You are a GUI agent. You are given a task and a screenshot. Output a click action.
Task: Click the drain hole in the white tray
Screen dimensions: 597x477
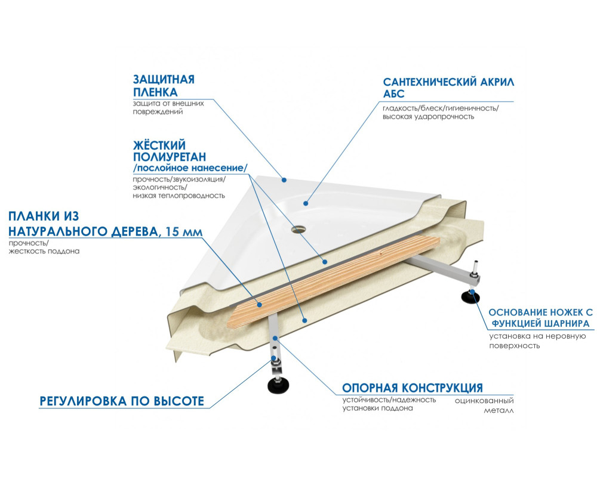[x=297, y=229]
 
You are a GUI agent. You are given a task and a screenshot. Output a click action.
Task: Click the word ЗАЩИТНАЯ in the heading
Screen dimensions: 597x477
[x=164, y=79]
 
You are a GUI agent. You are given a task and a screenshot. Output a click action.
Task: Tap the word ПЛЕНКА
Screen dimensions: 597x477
[x=155, y=92]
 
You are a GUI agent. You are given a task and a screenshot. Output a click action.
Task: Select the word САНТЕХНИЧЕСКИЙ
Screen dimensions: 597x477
[x=430, y=82]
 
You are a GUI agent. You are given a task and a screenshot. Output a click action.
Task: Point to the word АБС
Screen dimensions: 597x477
[x=393, y=94]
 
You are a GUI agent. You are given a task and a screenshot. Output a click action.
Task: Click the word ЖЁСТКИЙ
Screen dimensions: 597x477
[x=159, y=144]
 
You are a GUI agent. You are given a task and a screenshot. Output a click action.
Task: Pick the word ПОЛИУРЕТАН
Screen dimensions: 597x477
[x=170, y=157]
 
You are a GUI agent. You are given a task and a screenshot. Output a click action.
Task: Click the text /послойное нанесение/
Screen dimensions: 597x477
[x=190, y=168]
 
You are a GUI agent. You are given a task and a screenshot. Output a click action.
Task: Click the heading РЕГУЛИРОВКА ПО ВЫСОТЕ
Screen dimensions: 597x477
[x=122, y=401]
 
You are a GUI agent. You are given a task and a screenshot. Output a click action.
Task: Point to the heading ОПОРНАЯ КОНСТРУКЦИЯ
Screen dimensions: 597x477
[x=413, y=388]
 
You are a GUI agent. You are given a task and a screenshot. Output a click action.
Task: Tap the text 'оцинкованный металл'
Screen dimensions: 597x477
[x=484, y=405]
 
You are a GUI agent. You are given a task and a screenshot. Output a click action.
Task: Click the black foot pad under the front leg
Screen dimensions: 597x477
[x=276, y=385]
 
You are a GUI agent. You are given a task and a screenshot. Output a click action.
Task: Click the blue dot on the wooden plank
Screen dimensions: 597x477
[x=260, y=304]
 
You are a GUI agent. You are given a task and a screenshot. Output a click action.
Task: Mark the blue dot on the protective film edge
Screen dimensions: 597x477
[x=284, y=180]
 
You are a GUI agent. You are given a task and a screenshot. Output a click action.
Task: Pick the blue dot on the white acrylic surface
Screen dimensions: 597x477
[x=306, y=203]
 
